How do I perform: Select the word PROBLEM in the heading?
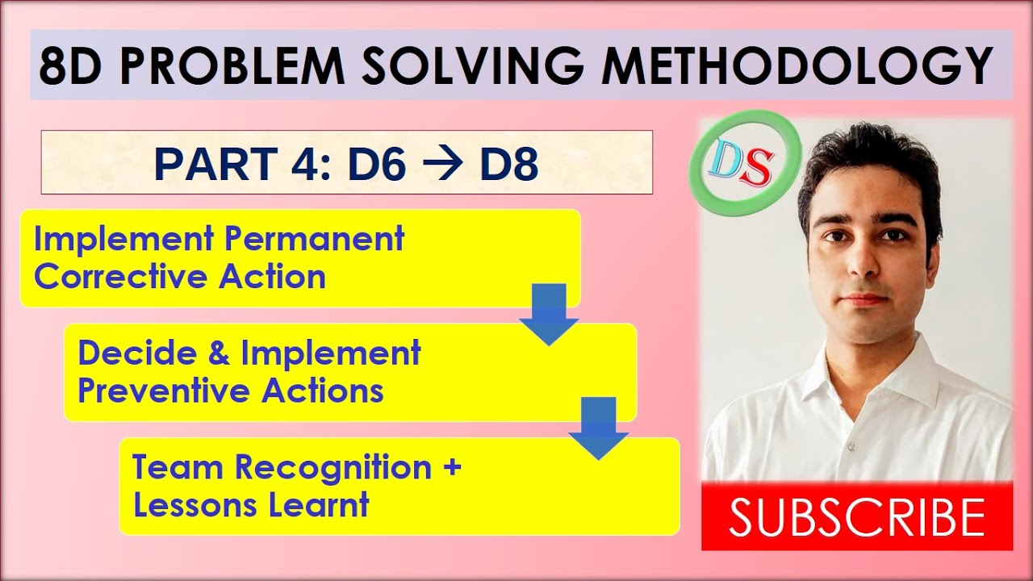click(224, 66)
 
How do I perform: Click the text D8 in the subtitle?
click(508, 164)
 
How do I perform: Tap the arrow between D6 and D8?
click(441, 164)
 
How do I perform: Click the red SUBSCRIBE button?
click(856, 517)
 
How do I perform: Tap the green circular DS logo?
click(744, 161)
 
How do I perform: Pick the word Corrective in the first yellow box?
click(120, 278)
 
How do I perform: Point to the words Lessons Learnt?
click(251, 506)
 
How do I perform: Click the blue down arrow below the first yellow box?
click(549, 314)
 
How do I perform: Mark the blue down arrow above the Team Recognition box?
click(598, 428)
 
